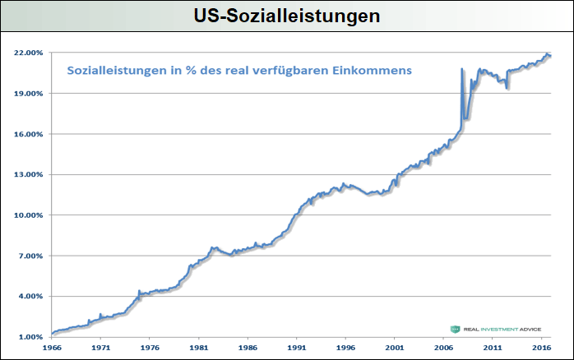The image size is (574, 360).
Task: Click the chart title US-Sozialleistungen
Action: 287,15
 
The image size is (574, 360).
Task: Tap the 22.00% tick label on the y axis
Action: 29,53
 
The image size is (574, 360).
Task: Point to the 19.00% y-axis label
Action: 29,93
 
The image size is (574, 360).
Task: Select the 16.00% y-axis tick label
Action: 29,134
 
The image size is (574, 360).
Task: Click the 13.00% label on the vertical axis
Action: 29,174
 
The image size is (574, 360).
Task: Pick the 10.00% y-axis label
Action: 29,215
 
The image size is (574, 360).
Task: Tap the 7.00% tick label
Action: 30,256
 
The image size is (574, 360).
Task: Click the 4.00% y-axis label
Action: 30,296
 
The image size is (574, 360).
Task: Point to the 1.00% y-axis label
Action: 30,337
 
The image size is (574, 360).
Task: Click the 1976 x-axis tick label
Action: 149,348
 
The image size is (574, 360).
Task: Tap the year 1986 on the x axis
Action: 247,348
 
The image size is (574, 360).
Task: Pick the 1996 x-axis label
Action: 345,348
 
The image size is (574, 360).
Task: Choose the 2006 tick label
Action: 442,348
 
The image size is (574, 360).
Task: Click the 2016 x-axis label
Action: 540,348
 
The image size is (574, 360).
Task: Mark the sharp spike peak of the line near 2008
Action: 462,69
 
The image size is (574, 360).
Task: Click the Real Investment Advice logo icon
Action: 455,329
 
